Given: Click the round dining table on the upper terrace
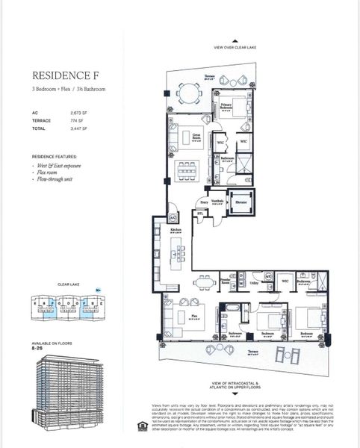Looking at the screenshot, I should tap(191, 93).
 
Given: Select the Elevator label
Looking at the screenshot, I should tap(242, 202).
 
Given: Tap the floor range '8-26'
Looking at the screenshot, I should tap(40, 346).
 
